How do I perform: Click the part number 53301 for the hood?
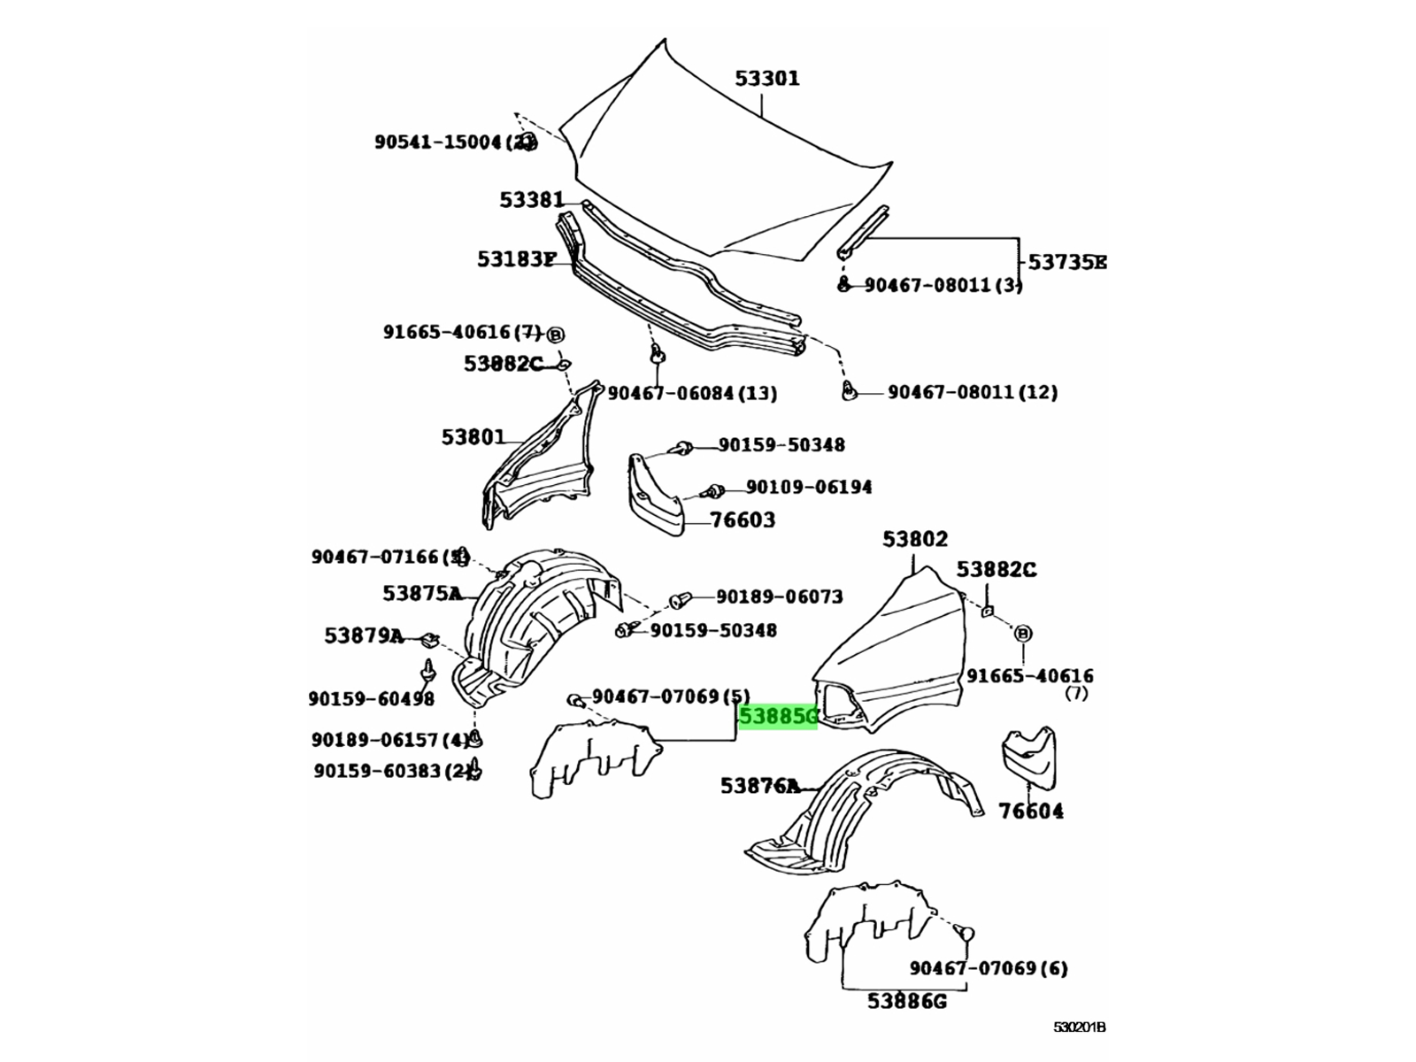766,79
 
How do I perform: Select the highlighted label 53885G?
778,716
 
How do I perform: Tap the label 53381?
531,201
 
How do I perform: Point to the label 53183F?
517,259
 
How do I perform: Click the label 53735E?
1066,263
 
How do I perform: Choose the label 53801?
473,437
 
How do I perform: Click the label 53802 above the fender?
914,539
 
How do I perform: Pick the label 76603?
743,520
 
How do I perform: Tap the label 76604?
1031,811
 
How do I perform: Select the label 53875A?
422,593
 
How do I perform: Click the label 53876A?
759,785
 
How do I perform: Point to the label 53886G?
907,1001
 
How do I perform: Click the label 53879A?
364,635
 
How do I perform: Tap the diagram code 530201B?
1079,1027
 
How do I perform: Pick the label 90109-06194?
808,487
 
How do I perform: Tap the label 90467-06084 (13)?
692,393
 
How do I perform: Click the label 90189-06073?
779,597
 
